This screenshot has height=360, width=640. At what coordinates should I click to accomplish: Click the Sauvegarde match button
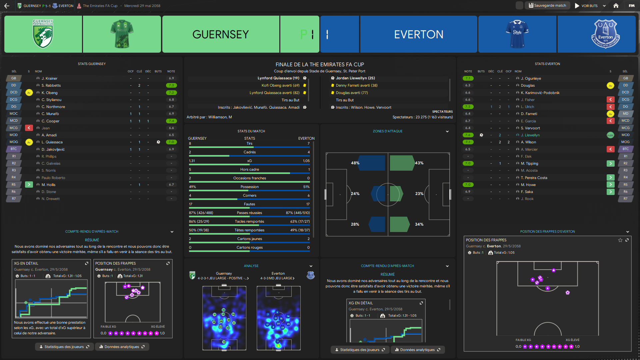click(x=547, y=6)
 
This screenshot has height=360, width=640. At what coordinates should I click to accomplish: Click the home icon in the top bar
click(x=616, y=6)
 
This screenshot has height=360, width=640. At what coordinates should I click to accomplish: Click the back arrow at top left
click(x=7, y=6)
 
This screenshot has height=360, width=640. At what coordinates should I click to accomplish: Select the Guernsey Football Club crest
click(x=43, y=34)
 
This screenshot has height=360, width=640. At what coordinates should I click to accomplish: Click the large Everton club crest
click(x=605, y=34)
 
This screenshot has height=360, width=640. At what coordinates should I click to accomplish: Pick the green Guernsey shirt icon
click(x=122, y=34)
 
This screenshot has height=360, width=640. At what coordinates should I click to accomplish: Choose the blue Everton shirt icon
click(x=517, y=34)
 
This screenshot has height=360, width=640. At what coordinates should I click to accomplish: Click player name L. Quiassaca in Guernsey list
click(x=52, y=142)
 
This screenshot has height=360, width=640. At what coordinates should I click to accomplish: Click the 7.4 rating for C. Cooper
click(x=171, y=121)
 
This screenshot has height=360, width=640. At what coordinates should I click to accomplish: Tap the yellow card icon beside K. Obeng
click(x=29, y=93)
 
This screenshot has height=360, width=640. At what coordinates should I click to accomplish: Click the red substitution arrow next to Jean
click(x=29, y=128)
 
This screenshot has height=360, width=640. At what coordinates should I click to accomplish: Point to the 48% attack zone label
click(x=355, y=163)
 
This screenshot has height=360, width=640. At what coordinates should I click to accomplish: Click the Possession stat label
click(x=249, y=187)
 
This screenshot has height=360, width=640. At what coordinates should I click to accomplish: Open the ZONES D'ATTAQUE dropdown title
click(x=387, y=131)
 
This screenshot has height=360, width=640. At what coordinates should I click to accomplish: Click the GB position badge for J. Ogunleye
click(x=625, y=78)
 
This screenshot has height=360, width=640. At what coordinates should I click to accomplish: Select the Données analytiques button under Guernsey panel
click(x=122, y=347)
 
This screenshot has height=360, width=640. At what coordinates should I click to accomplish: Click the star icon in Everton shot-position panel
click(x=620, y=240)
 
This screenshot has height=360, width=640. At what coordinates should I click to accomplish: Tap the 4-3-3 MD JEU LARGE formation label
click(x=277, y=278)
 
